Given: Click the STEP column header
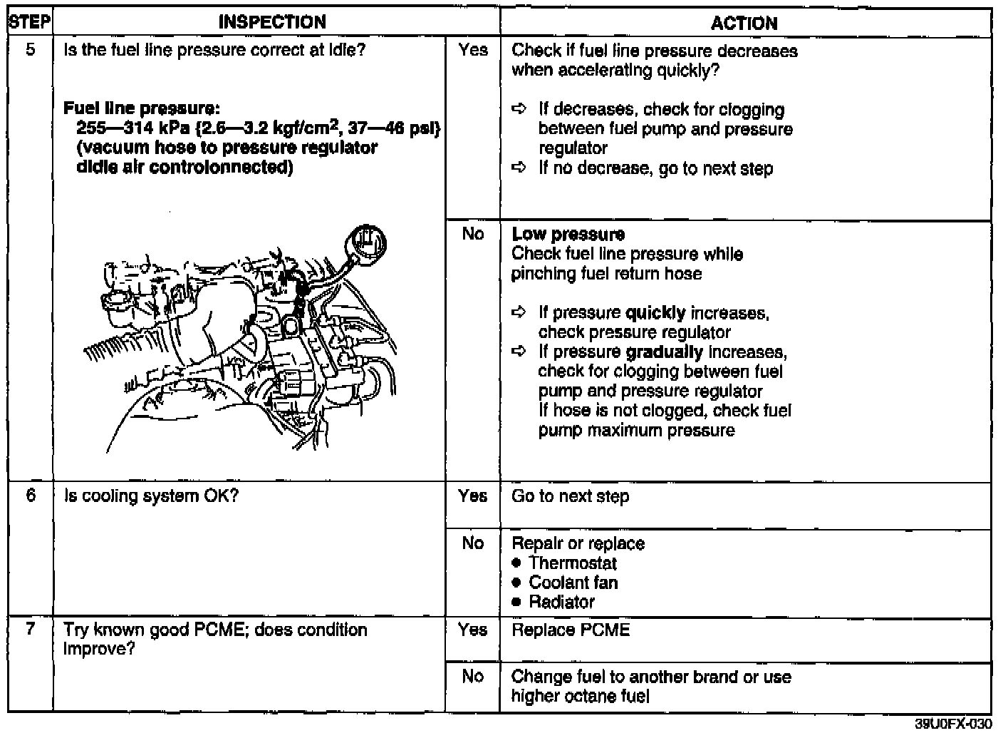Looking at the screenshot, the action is coord(29,22).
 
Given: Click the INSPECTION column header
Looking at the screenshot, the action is coord(272,22).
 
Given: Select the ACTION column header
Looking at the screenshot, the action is coord(744,23).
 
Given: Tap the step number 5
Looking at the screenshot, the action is coord(31,51).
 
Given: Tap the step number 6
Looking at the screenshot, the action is coord(31,496).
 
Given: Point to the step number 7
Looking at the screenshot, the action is coord(31,630).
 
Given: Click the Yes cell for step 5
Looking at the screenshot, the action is coord(473,51).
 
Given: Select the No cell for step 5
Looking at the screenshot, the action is coord(472,234).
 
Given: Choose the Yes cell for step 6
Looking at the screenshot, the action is coord(473,496).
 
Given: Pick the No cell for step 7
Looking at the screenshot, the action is coord(472,676).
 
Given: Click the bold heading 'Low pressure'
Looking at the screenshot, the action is coord(568,235).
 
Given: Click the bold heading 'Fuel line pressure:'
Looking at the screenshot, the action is coord(141,109).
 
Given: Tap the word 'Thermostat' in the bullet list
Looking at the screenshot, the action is coord(573,563).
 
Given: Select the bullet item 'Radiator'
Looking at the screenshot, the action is coord(561,602).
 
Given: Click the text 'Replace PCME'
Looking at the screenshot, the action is coord(571,630).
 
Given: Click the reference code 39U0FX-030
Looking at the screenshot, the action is coord(952,724).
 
